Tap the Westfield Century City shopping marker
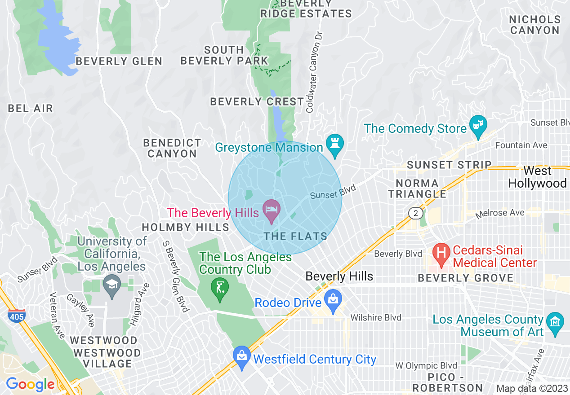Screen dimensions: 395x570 tap(242, 357)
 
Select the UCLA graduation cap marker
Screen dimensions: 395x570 tap(111, 285)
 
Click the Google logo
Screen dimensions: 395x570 tap(30, 384)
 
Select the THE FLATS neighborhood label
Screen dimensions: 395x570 tap(295, 236)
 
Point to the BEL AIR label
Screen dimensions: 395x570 tap(31, 108)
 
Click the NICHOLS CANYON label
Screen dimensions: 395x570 tap(535, 25)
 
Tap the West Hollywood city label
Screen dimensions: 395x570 tap(537, 177)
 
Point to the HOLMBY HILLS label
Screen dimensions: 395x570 tap(186, 227)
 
